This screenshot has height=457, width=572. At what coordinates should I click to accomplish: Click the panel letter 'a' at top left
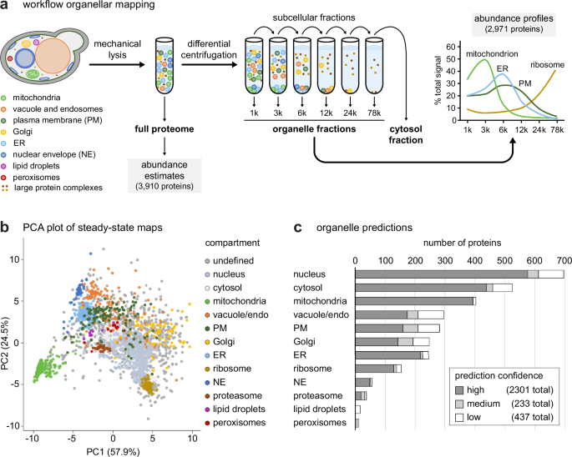click(x=6, y=8)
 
